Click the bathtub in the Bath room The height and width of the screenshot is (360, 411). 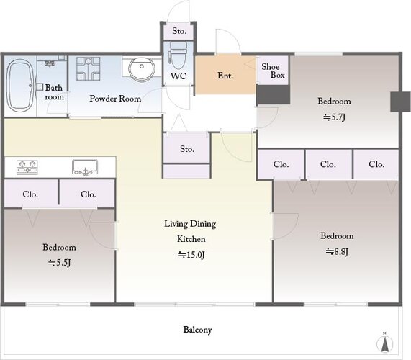[19, 86]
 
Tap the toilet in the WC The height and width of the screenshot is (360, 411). [178, 56]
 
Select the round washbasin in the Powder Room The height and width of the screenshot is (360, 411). [141, 68]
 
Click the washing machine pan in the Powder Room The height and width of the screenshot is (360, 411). [88, 68]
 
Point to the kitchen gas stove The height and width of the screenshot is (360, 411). [27, 167]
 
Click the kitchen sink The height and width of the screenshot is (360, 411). [85, 167]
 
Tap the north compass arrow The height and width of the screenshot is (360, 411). [384, 343]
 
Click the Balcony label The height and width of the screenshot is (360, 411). [197, 330]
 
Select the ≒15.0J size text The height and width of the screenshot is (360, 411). [191, 255]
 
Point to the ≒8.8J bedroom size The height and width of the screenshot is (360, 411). [337, 252]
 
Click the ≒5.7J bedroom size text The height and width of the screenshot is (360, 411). [334, 117]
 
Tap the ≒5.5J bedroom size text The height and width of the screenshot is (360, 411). [59, 263]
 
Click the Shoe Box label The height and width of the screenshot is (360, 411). [273, 71]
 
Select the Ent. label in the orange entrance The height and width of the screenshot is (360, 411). [225, 76]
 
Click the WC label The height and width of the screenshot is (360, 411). [179, 76]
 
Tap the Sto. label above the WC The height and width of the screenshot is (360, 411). [179, 31]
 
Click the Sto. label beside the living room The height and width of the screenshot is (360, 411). [187, 149]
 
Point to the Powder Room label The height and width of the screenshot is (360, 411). [115, 99]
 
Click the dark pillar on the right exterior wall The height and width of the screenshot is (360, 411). [400, 102]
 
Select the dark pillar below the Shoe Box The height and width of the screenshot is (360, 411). [273, 94]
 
